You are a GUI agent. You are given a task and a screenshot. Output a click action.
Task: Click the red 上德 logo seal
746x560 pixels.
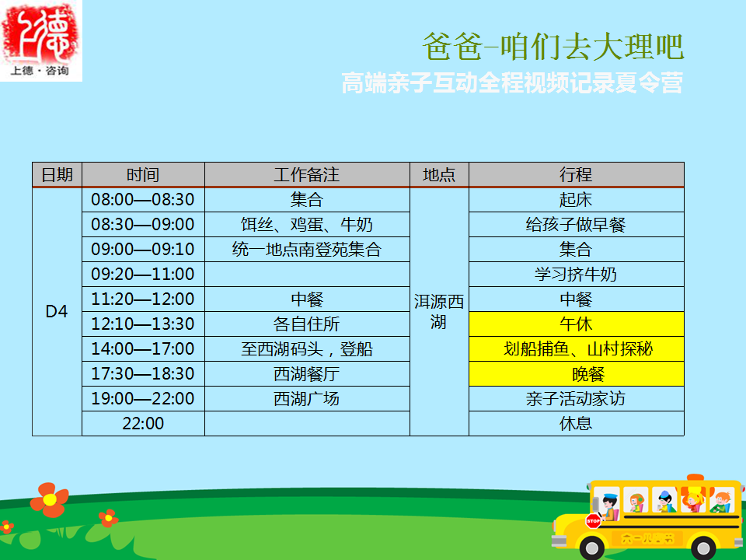coord(40,40)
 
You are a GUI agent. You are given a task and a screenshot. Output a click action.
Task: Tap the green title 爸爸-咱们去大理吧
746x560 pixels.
coord(553,47)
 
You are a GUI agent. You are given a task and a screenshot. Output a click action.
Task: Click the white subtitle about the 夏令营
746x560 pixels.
coord(512,82)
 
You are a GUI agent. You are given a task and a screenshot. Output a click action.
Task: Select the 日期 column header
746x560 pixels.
coord(57,175)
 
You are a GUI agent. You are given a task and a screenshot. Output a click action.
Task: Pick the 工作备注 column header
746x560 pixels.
coord(307,175)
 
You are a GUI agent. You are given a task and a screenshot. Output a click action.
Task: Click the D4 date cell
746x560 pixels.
coord(57,311)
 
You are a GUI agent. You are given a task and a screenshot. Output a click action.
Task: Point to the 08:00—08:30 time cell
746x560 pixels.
coord(143,200)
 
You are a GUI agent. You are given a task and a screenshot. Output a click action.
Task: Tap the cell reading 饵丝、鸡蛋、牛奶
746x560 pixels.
coord(307,224)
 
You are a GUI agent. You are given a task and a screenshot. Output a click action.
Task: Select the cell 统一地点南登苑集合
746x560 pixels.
coord(307,249)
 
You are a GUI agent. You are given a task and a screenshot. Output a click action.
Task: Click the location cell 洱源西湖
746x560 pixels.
coord(439,311)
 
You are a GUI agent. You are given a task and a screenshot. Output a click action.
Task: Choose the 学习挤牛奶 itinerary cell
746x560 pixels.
coord(576,274)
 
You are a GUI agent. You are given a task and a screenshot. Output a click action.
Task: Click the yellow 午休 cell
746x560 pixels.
coord(576,324)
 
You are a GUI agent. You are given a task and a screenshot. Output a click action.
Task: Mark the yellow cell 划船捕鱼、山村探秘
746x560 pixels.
coord(576,348)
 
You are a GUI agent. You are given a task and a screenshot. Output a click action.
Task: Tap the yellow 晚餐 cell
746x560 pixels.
coord(576,374)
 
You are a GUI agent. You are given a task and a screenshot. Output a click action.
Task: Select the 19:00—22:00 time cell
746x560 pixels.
coord(143,398)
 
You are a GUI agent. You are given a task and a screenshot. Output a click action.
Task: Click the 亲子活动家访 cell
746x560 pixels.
coord(576,398)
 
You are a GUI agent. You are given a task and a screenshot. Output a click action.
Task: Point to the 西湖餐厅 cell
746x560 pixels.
coord(307,374)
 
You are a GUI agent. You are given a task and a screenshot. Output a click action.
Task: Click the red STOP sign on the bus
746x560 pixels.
coord(593,521)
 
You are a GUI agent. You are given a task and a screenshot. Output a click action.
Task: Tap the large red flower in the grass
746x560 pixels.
coord(50,499)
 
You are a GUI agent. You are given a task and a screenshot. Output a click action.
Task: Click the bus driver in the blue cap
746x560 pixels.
coord(608,507)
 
